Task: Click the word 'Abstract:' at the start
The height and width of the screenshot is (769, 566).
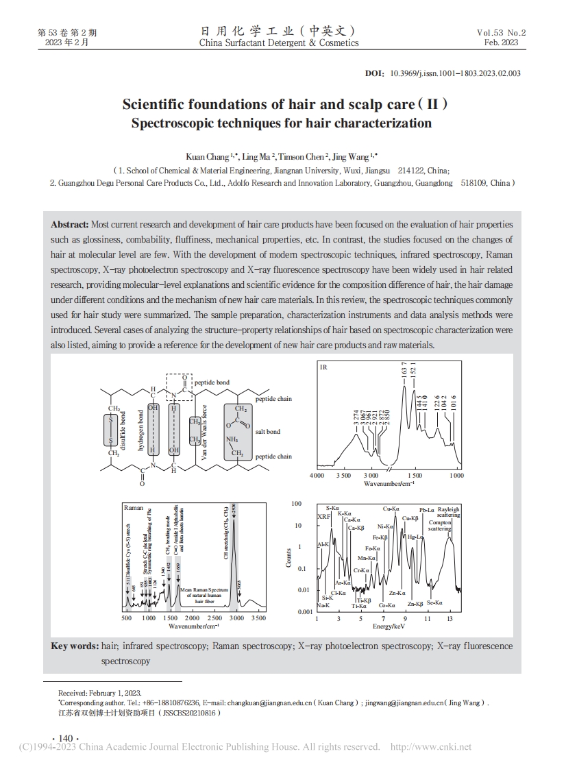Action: (70, 225)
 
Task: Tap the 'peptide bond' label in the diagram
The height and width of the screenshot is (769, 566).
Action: (212, 382)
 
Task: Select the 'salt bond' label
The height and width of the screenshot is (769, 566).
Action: (267, 432)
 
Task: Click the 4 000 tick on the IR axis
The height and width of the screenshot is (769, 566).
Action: (317, 475)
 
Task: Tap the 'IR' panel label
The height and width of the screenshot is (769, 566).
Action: (323, 367)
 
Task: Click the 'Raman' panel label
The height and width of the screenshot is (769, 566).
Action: (134, 508)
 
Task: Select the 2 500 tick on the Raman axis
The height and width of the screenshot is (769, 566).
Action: (214, 618)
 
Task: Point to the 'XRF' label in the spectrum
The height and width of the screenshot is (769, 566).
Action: (323, 516)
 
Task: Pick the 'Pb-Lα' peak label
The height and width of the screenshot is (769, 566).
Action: (426, 509)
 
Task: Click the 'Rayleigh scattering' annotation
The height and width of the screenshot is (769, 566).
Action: (449, 512)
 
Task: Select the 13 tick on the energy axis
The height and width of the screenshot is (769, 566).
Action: (450, 618)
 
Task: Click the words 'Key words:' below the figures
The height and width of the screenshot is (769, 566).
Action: (75, 646)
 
